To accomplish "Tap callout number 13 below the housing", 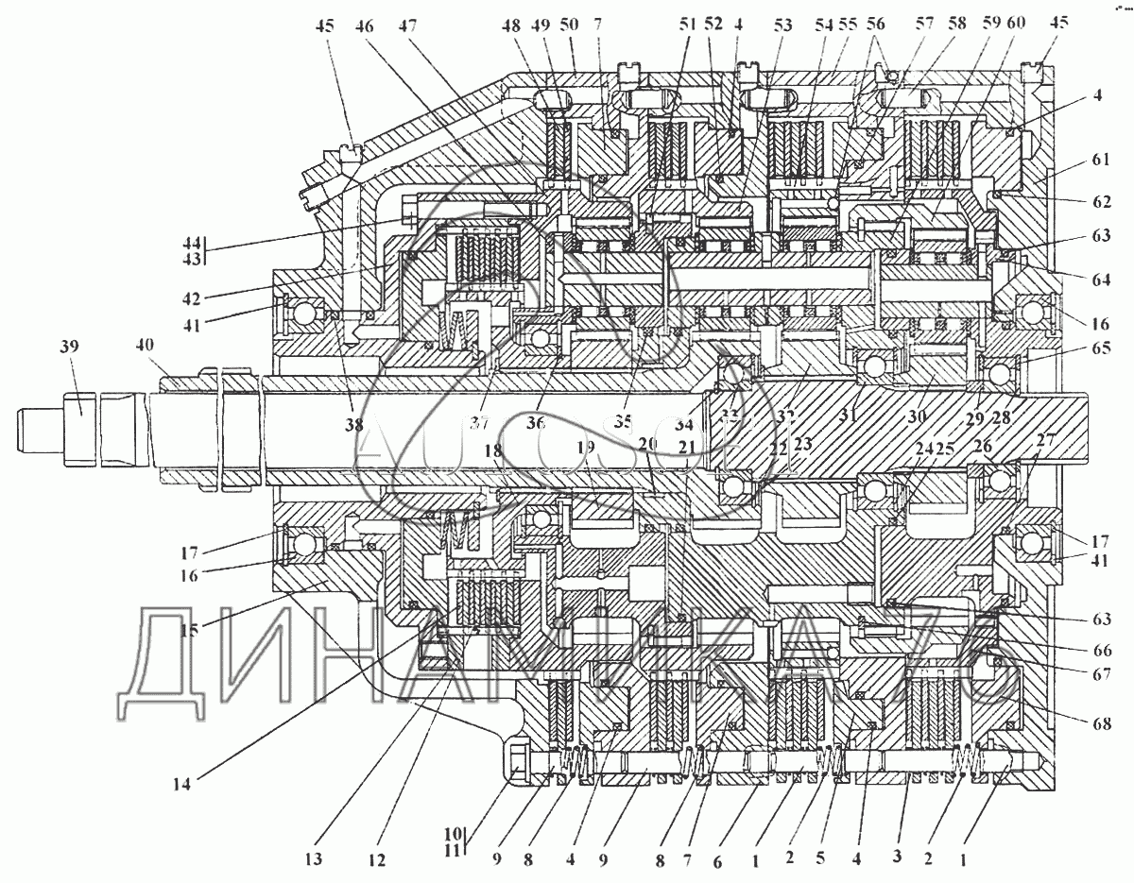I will pos(313,859).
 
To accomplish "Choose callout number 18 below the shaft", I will pos(493,452).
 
